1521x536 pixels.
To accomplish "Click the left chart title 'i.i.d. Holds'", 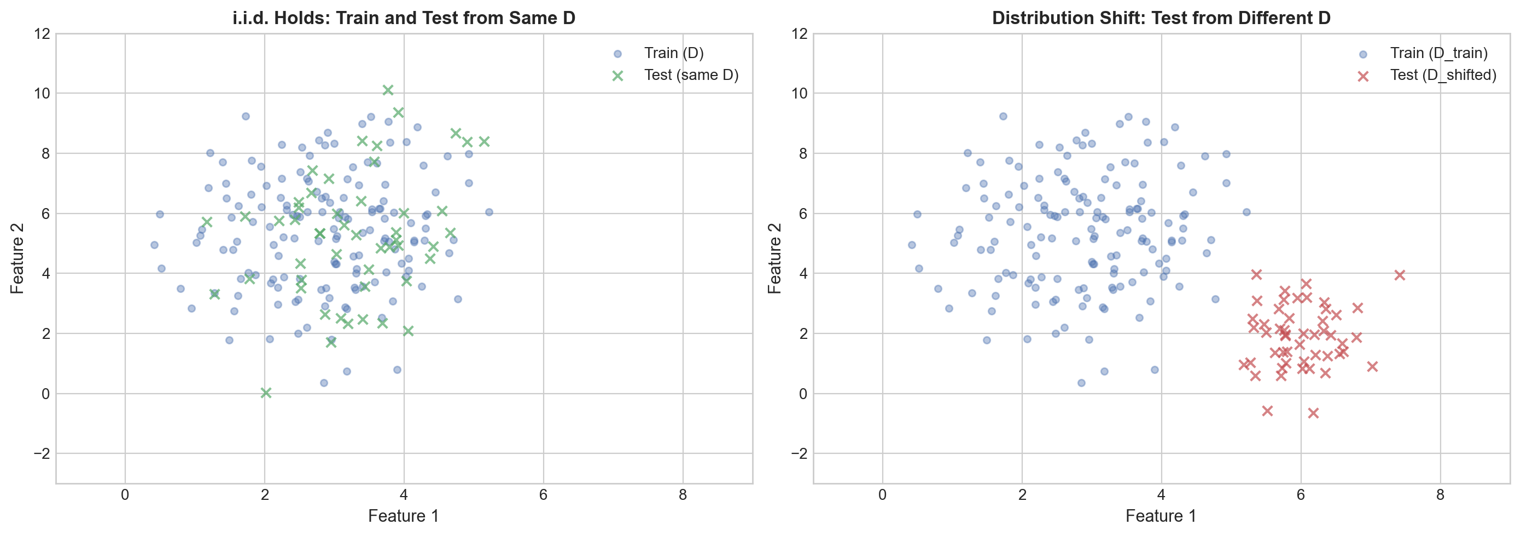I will click(x=403, y=18).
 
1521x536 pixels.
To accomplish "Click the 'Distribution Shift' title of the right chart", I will click(x=1161, y=18).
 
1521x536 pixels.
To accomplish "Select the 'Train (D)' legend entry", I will click(x=674, y=53).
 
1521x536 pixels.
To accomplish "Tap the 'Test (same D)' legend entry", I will click(x=691, y=75).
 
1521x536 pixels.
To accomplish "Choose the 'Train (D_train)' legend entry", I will click(x=1438, y=53).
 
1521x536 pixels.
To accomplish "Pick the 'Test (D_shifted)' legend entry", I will click(x=1443, y=75).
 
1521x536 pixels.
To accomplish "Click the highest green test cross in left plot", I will click(x=388, y=90).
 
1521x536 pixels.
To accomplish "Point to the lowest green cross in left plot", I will click(x=266, y=393).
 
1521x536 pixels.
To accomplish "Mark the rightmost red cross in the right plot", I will click(x=1400, y=275).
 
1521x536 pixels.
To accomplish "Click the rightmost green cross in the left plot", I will click(x=484, y=141).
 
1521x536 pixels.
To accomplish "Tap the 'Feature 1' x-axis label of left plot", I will click(x=403, y=516).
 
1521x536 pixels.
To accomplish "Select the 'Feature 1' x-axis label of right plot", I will click(x=1161, y=516).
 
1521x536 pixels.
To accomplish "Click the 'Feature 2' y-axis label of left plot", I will click(x=17, y=258).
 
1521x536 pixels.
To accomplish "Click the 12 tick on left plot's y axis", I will click(x=42, y=34).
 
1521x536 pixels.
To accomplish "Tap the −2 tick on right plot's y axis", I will click(x=799, y=454).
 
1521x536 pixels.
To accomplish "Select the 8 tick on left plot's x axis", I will click(x=683, y=494).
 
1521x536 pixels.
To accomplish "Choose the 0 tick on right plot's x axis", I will click(x=882, y=494).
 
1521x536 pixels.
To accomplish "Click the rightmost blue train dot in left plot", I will click(x=489, y=212).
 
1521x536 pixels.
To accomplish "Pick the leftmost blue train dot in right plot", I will click(x=912, y=245).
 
